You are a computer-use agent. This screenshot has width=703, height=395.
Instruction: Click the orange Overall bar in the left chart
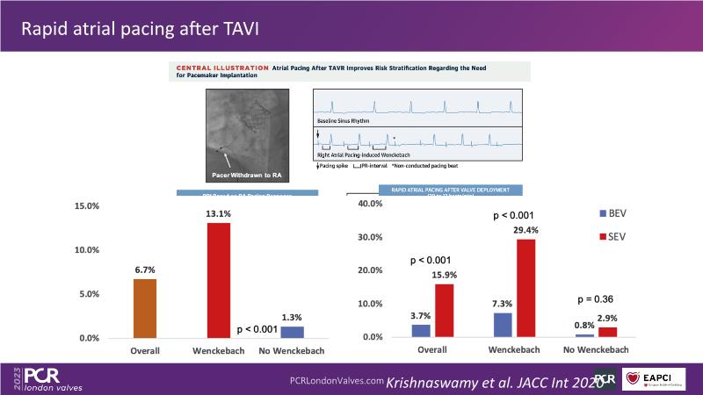tap(145, 308)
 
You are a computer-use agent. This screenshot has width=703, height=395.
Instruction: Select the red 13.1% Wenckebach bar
tap(219, 280)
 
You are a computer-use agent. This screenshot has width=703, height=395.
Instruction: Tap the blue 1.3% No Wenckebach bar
tap(293, 332)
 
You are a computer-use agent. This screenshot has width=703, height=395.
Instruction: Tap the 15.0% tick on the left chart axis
tap(88, 206)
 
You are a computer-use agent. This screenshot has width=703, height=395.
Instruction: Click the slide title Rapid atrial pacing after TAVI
tap(140, 29)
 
